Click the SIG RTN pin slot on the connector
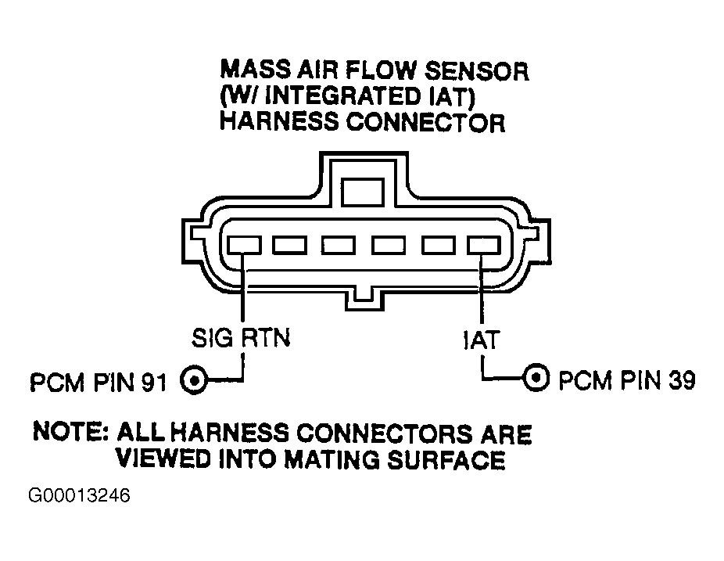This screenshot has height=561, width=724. point(244,245)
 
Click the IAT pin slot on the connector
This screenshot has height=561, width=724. point(483,245)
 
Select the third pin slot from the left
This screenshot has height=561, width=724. point(339,245)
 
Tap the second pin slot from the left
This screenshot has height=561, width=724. point(289,245)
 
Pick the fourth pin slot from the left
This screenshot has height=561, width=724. point(389,245)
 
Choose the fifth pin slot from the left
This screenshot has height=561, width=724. point(439,245)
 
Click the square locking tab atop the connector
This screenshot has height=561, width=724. point(363,192)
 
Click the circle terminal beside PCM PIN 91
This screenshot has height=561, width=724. point(194,381)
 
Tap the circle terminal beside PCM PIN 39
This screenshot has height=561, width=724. point(536,378)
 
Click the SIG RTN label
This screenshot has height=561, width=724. point(241,338)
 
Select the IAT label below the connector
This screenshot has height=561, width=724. point(481,340)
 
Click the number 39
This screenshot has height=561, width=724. point(682,379)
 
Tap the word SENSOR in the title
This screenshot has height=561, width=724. point(476,71)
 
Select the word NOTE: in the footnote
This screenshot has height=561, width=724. point(70,432)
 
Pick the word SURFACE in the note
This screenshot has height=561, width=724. point(446,459)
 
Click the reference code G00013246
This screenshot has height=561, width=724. point(80,495)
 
